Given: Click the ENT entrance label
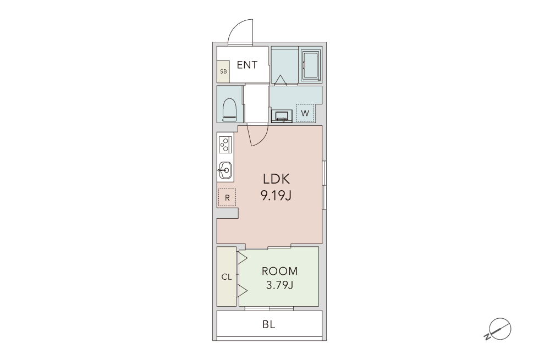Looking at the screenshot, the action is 247,65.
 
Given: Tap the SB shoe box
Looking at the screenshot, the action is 223,71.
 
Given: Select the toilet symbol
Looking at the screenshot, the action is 229,109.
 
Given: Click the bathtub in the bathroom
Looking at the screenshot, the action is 311,65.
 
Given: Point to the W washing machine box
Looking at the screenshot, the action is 305,113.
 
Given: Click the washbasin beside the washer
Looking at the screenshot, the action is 282,116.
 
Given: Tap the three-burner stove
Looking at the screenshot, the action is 225,144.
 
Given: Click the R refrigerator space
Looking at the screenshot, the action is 227,197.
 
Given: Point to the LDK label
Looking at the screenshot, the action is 276,179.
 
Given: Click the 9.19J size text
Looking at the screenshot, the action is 276,196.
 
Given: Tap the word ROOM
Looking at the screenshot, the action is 279,271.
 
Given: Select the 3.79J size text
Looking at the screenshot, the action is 279,285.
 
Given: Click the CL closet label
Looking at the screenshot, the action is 227,277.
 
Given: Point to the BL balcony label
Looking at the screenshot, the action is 269,324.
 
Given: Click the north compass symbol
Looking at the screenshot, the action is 499,329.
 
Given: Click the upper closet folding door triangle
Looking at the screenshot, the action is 243,258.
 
